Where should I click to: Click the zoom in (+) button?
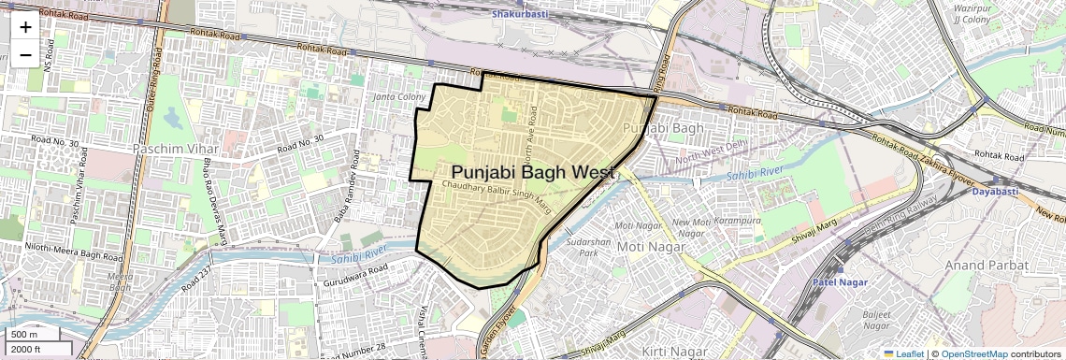[x=25, y=26]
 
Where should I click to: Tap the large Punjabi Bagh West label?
[x=533, y=173]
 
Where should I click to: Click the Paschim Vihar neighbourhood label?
[x=176, y=149]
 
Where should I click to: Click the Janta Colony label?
[x=399, y=97]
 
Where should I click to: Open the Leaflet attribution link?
[x=903, y=353]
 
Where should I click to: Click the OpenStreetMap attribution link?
[x=973, y=353]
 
